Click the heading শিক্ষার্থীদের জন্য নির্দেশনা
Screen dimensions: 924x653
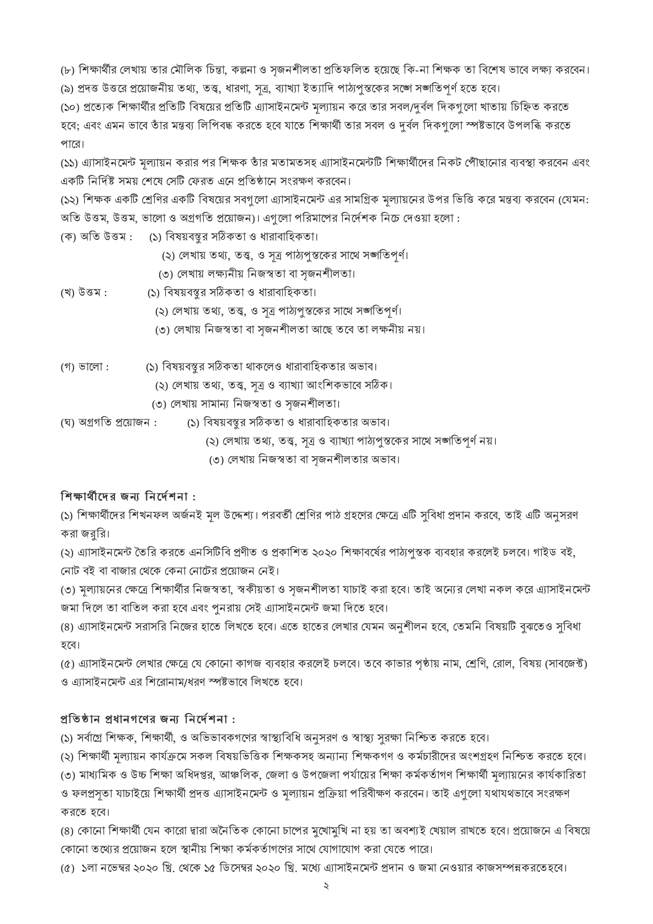[128, 497]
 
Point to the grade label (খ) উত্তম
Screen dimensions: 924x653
[84, 293]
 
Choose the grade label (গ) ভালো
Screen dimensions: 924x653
[85, 367]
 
